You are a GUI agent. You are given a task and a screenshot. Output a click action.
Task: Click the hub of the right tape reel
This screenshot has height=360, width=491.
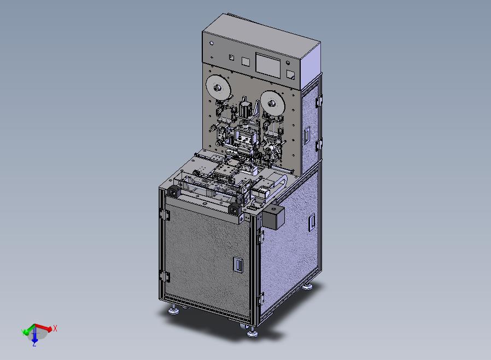click(x=271, y=102)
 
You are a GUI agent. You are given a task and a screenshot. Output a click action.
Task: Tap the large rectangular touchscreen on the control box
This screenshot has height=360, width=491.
click(x=268, y=66)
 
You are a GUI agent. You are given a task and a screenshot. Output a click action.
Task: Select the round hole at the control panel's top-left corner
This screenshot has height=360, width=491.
click(x=212, y=43)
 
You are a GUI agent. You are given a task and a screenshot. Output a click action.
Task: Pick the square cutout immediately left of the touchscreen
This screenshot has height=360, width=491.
click(x=245, y=61)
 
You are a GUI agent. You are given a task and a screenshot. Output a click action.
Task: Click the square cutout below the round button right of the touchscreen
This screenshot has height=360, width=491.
click(x=290, y=74)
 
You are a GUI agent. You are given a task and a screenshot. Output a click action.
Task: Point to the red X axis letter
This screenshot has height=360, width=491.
click(x=55, y=328)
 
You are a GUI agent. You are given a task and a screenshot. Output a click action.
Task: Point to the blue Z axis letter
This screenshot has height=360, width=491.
click(x=34, y=344)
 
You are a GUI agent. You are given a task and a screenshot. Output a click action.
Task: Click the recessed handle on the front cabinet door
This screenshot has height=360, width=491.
click(x=238, y=264)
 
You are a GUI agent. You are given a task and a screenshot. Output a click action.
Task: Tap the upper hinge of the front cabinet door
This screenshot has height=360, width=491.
click(x=165, y=214)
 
